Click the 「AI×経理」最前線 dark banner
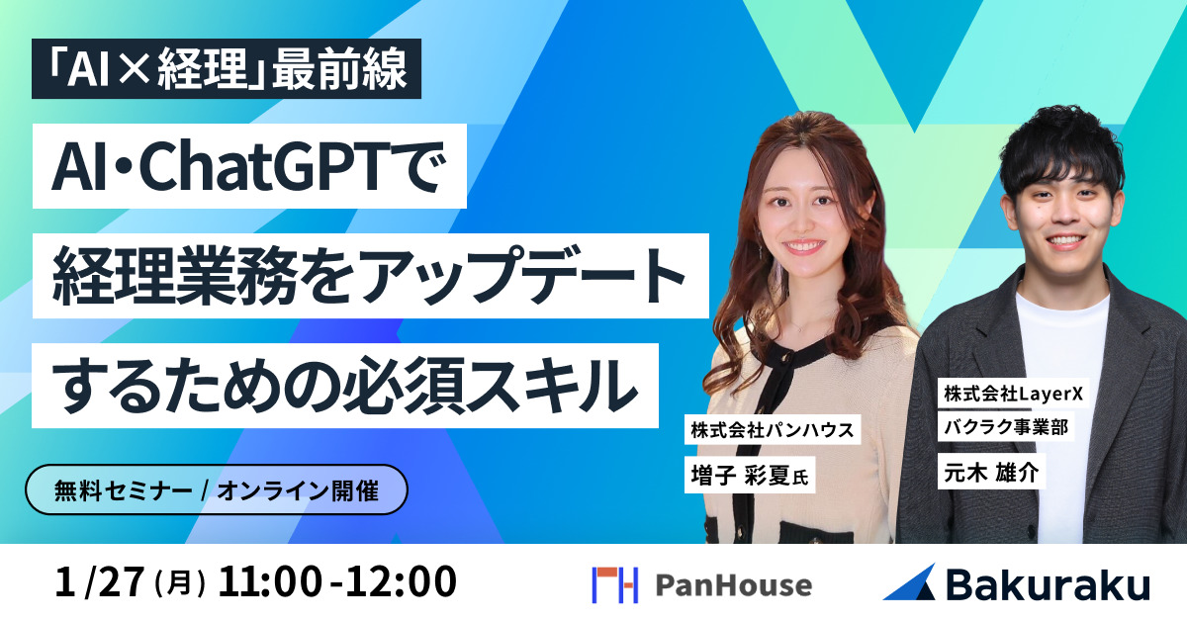point(219,69)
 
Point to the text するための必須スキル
point(345,385)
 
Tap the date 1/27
point(100,582)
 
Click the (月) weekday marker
point(180,584)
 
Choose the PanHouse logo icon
point(614,584)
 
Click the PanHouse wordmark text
point(733,584)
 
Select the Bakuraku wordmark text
point(1048,584)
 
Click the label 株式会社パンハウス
point(772,430)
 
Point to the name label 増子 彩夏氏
point(749,476)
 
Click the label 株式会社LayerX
point(1013,394)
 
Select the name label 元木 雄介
point(989,473)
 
